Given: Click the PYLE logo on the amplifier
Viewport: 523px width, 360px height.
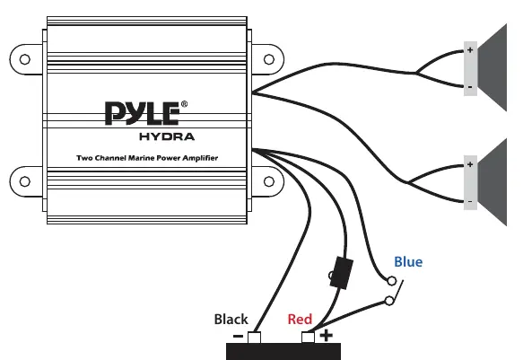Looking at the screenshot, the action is click(x=143, y=113).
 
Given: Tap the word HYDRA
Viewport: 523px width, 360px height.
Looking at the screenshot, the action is click(x=167, y=136).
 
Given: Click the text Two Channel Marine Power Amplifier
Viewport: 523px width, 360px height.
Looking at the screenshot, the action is click(x=147, y=158).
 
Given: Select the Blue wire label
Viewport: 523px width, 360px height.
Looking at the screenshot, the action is click(x=408, y=262).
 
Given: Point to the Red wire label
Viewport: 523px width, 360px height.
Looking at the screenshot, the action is click(x=300, y=320).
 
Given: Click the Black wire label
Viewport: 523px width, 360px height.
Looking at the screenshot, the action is click(x=231, y=320).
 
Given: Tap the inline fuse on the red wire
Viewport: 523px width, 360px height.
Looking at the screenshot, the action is click(x=341, y=273).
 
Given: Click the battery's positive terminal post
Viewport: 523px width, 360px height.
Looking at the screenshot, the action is click(x=308, y=338).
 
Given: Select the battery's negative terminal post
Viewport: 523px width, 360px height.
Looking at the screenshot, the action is click(x=254, y=338).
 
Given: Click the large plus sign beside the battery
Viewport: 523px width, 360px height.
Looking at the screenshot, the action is click(x=327, y=335).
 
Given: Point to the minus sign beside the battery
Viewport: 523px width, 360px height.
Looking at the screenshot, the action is click(x=238, y=336).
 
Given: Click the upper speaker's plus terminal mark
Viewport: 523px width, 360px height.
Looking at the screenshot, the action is click(x=470, y=50).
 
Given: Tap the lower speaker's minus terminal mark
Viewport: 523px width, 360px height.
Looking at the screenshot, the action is click(x=470, y=201).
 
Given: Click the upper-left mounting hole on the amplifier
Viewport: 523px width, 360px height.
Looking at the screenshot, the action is click(x=25, y=59).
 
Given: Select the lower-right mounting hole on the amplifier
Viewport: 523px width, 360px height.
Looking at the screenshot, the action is click(x=269, y=182).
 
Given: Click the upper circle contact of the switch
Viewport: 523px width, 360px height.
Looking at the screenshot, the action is click(x=392, y=281).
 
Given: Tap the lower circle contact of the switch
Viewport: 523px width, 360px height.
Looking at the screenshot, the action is click(x=389, y=301).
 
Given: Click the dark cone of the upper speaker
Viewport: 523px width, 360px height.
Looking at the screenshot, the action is click(x=492, y=67).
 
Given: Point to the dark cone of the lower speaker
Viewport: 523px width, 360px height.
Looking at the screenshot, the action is click(x=492, y=182).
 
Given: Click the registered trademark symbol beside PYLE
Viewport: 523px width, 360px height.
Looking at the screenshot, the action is click(x=184, y=104).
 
